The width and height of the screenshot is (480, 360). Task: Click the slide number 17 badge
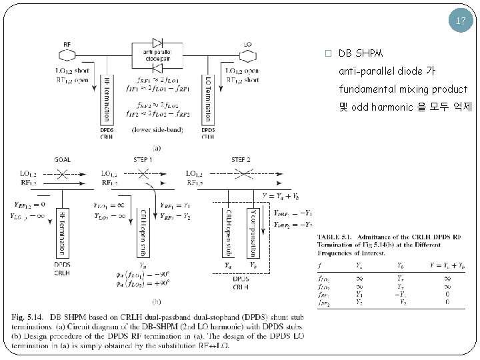pos(461,21)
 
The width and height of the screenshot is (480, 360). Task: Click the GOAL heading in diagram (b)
pos(62,161)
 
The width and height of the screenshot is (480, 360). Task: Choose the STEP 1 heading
pos(143,161)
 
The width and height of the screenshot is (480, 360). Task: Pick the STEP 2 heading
pos(241,161)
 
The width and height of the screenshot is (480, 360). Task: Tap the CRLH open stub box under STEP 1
pos(142,231)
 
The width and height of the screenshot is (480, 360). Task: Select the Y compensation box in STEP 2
pos(255,231)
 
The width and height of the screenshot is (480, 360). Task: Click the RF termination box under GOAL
pos(61,231)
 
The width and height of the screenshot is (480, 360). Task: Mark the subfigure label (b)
pos(156,303)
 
